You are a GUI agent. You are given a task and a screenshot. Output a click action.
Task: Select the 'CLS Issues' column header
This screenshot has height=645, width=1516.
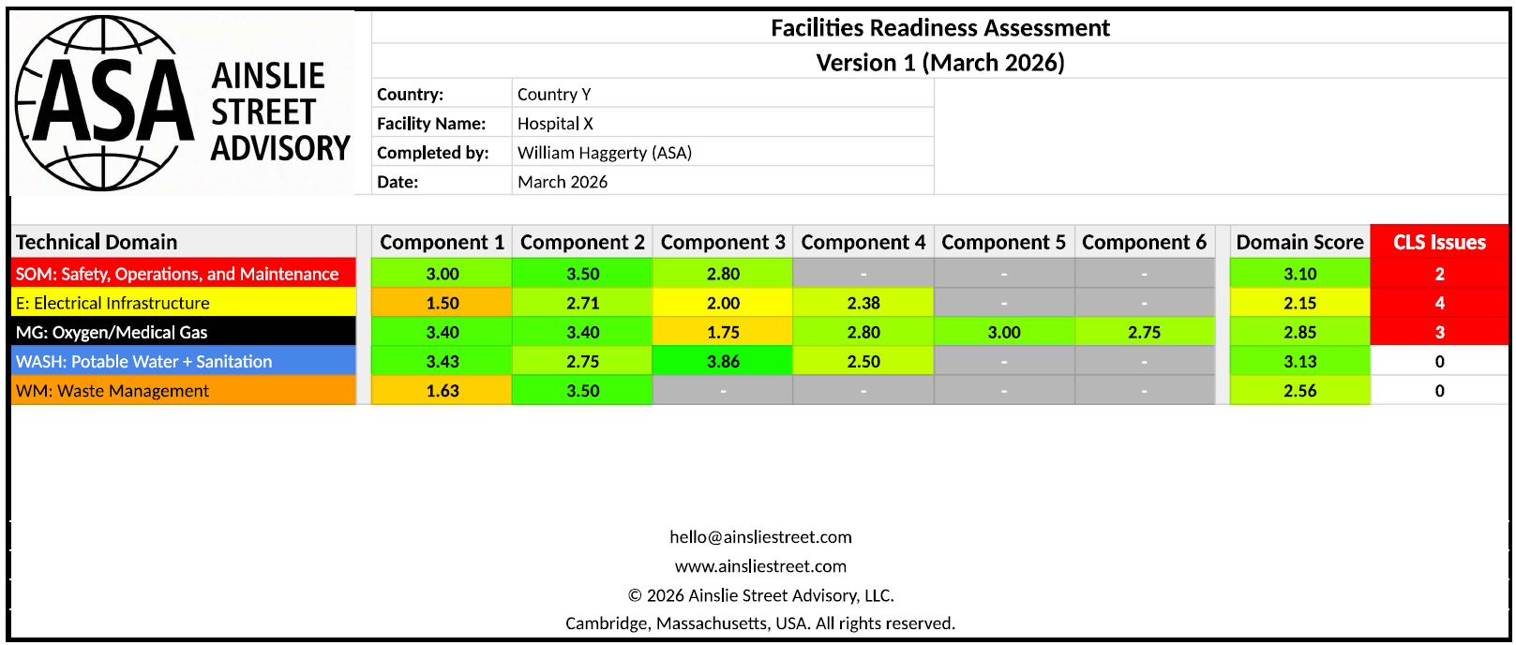(x=1439, y=242)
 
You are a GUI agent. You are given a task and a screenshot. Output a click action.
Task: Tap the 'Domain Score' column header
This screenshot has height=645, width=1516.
(x=1299, y=242)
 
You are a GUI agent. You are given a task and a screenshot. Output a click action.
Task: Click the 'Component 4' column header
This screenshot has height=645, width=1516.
(x=863, y=242)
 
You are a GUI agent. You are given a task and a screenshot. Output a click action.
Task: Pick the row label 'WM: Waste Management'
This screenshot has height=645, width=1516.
(x=113, y=391)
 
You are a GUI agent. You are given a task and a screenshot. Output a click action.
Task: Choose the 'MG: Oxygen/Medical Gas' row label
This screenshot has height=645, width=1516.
(x=112, y=332)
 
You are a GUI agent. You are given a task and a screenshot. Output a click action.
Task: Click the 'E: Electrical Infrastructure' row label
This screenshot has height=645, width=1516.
(x=113, y=303)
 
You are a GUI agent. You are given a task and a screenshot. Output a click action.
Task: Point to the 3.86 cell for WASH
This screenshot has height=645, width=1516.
(x=723, y=361)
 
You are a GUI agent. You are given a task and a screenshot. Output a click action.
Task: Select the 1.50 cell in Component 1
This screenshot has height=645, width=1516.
(x=443, y=303)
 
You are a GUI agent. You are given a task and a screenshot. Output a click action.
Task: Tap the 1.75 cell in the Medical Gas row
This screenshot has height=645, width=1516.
(x=723, y=332)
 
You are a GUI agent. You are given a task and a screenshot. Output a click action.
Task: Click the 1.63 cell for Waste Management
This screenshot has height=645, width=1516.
(x=443, y=391)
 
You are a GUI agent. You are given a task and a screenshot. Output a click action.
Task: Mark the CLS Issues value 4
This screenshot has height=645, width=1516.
(x=1439, y=303)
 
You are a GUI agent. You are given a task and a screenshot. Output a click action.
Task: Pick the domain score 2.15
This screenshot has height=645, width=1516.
(x=1299, y=303)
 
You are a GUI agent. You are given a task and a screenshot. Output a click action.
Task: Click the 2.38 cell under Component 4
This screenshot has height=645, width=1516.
(x=863, y=303)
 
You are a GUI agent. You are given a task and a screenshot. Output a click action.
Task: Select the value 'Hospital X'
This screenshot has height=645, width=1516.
(x=555, y=123)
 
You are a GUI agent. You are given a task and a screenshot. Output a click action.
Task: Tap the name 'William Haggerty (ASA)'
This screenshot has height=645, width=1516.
(x=605, y=153)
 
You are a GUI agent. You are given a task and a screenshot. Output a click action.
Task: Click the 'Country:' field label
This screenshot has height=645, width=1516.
(x=410, y=94)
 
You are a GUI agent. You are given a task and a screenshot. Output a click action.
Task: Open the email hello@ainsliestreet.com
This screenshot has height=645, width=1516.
(x=760, y=537)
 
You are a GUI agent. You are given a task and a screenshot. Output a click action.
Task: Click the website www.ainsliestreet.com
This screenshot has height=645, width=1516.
(x=760, y=566)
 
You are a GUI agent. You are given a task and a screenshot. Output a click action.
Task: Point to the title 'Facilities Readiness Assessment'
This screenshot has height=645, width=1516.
(x=940, y=28)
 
